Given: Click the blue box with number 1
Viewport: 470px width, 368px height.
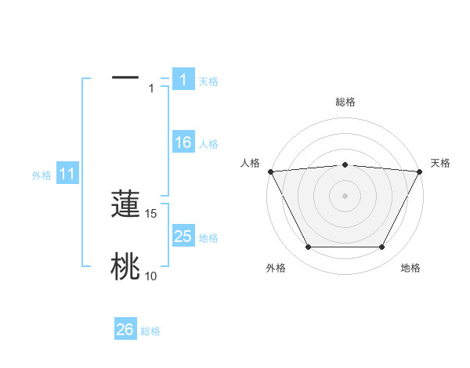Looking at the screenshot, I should pyautogui.click(x=183, y=80).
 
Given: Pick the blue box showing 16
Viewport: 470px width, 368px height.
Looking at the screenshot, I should pyautogui.click(x=183, y=143).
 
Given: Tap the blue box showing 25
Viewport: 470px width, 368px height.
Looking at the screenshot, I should pyautogui.click(x=183, y=236).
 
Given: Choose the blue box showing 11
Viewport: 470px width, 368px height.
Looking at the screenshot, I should pyautogui.click(x=67, y=175).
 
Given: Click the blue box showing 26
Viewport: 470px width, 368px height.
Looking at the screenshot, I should pyautogui.click(x=125, y=330).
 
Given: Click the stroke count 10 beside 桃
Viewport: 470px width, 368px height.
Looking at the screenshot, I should pyautogui.click(x=151, y=276).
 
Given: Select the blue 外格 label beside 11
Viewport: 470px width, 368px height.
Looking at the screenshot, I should pyautogui.click(x=42, y=175).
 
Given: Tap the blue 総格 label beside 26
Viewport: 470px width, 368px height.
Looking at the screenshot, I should pyautogui.click(x=151, y=331).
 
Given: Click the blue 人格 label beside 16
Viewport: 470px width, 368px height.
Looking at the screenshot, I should pyautogui.click(x=208, y=144).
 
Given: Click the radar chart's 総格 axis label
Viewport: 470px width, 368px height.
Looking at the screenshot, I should pyautogui.click(x=345, y=102).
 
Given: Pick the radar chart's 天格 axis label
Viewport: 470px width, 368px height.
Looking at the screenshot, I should pyautogui.click(x=440, y=163).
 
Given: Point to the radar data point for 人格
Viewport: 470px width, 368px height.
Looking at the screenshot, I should pyautogui.click(x=270, y=171).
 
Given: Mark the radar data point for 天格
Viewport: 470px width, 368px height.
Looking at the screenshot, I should pyautogui.click(x=419, y=171).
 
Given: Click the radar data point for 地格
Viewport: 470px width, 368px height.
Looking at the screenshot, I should pyautogui.click(x=382, y=247).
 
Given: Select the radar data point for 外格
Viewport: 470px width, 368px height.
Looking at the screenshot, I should pyautogui.click(x=308, y=247).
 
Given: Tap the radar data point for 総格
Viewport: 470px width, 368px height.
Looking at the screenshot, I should pyautogui.click(x=345, y=164).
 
